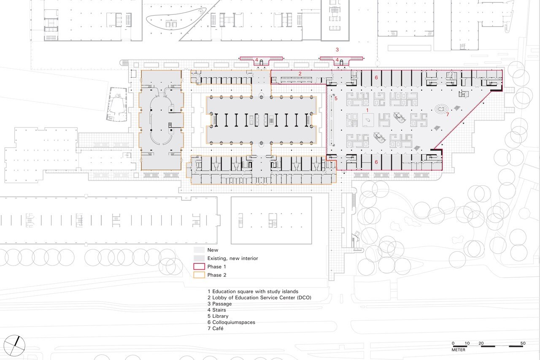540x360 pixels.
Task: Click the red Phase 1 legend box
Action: tap(199, 266)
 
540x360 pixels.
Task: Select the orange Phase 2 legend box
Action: tap(199, 275)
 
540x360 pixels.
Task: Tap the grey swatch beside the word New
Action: tap(199, 250)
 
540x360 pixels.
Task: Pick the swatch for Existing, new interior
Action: tap(199, 258)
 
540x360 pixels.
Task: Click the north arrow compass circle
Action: tap(14, 346)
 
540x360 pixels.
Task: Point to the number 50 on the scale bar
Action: tap(523, 343)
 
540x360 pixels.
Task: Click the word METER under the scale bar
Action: tap(458, 350)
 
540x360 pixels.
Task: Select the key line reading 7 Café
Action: tap(216, 328)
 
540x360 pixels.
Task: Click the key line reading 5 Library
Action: tap(218, 316)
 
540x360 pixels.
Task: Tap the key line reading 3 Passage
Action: tap(220, 304)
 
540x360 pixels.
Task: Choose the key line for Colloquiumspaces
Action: tap(232, 322)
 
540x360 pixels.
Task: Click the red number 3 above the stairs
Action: tap(337, 50)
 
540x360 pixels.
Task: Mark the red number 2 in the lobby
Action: tap(300, 74)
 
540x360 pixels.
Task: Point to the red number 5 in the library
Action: tap(336, 98)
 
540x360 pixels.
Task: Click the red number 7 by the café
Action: tap(448, 114)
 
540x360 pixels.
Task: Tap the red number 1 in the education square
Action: tap(367, 110)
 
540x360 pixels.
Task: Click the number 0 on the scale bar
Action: tap(453, 343)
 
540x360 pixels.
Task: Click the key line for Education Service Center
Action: tap(259, 298)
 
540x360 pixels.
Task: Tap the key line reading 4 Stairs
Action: tap(217, 310)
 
